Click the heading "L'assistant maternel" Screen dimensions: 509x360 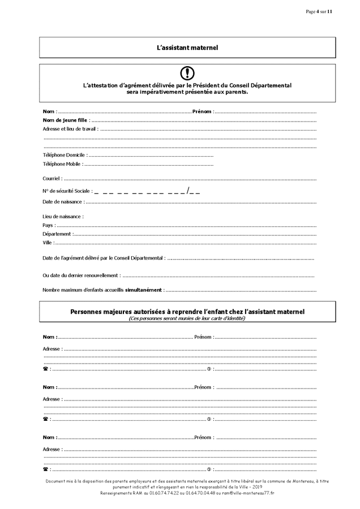click(x=187, y=48)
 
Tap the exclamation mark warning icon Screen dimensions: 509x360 click(x=187, y=73)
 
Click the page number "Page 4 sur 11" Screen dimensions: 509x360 click(x=319, y=11)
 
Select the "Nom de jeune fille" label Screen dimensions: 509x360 click(x=65, y=120)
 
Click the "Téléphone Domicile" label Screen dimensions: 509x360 click(x=63, y=155)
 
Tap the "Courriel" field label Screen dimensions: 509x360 click(x=52, y=179)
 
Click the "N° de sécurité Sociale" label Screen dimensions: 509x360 click(x=67, y=191)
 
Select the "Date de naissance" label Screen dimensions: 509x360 click(x=63, y=201)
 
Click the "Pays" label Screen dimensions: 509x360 click(x=48, y=225)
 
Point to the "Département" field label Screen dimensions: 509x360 click(x=57, y=234)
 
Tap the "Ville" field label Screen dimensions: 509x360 click(x=48, y=243)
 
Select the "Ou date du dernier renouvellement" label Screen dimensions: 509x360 click(x=81, y=275)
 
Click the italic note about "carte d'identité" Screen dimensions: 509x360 click(x=187, y=318)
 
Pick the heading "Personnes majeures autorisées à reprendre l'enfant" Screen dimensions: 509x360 click(x=187, y=312)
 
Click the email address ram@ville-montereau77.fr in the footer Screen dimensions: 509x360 click(x=248, y=493)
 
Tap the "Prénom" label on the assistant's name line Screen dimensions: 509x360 click(x=202, y=111)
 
